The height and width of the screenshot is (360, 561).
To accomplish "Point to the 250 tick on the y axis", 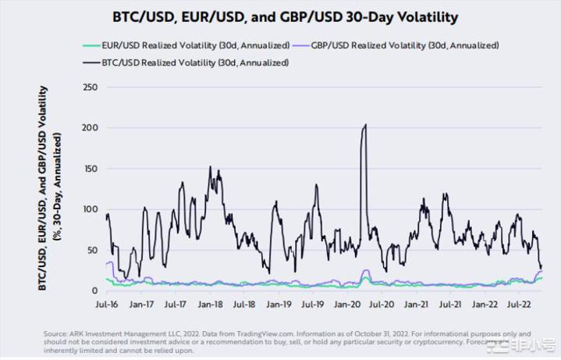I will pos(90,87).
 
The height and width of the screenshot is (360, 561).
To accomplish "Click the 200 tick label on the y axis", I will pos(90,127).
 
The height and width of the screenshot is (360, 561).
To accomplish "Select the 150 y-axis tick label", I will pos(90,169).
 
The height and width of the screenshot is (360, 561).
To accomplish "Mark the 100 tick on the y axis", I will pos(90,209).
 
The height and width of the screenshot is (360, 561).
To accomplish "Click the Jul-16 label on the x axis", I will pos(108,305).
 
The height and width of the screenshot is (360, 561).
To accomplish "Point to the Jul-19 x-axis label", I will pos(312,305).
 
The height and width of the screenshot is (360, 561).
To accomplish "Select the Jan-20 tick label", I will pos(346,305).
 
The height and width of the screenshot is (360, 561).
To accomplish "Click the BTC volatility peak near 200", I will pos(365,125).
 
